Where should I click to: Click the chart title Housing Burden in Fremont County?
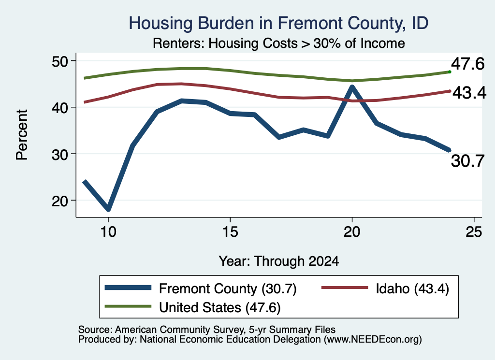[x=278, y=23]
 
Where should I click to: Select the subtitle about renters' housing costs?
[x=279, y=43]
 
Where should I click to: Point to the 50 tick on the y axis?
[x=60, y=61]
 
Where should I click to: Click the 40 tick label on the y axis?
[x=60, y=108]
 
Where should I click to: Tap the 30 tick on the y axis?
[x=60, y=154]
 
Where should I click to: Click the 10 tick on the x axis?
[x=108, y=232]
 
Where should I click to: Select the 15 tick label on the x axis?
[x=230, y=232]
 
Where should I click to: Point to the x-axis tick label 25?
[x=474, y=232]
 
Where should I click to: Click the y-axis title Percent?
[x=22, y=135]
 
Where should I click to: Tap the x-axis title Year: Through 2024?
[x=279, y=261]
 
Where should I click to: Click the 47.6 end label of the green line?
[x=467, y=64]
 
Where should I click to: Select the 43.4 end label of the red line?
[x=469, y=93]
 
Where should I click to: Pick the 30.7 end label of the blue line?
[x=467, y=161]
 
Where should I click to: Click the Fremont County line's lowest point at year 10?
[x=108, y=209]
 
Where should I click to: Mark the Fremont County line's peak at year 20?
[x=352, y=87]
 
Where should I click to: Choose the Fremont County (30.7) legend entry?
[x=201, y=288]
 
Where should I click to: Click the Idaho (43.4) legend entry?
[x=385, y=288]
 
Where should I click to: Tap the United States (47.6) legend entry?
[x=192, y=307]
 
